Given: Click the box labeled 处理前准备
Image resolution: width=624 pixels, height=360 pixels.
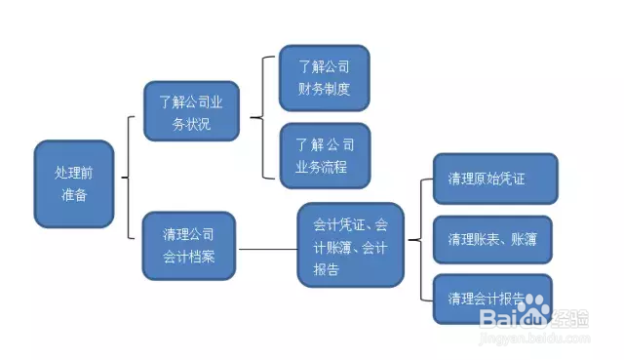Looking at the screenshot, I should click(x=74, y=183).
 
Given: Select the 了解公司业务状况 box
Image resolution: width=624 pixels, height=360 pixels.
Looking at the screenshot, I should click(x=191, y=111).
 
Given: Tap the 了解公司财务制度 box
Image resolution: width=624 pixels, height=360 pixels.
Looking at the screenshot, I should click(x=324, y=78).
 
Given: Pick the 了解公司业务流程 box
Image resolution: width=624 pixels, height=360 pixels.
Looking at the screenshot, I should click(x=324, y=155).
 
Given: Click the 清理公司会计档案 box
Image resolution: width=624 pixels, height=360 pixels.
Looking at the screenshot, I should click(x=189, y=245).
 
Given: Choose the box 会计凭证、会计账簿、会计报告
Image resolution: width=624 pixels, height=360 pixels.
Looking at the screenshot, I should click(x=350, y=246).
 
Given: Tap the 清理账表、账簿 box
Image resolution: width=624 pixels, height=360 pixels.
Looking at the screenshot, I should click(x=491, y=239).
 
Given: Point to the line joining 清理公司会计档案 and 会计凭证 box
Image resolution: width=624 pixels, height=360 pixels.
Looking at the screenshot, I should click(x=267, y=249).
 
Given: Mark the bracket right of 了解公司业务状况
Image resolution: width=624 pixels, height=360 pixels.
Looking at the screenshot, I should click(x=260, y=117).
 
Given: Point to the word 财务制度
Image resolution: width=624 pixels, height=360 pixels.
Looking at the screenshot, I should click(x=324, y=89).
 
